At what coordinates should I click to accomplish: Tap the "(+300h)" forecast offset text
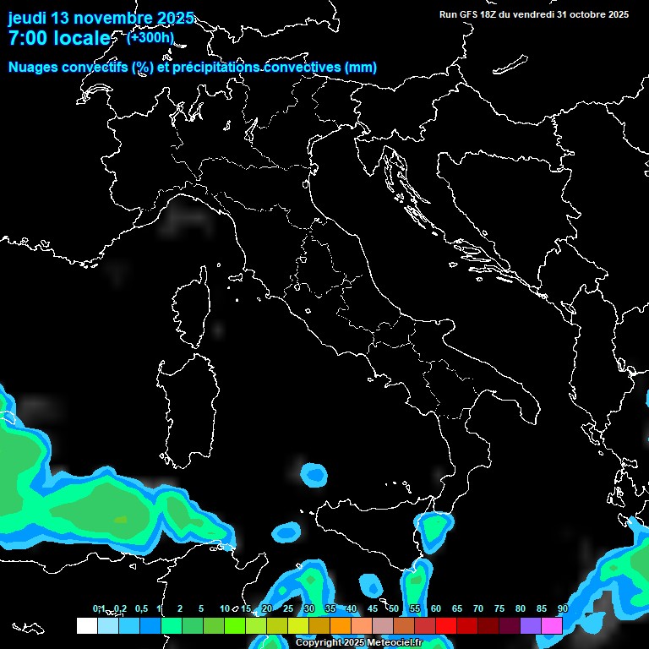150,37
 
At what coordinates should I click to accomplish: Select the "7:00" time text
28,38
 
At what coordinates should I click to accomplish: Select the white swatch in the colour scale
87,625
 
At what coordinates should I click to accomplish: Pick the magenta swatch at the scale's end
552,625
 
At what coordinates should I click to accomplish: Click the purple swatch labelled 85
531,625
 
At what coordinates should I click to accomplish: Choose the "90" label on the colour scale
562,608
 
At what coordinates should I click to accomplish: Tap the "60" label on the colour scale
435,608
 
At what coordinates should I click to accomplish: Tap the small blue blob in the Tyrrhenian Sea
314,475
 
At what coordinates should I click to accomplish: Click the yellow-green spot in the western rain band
120,519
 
